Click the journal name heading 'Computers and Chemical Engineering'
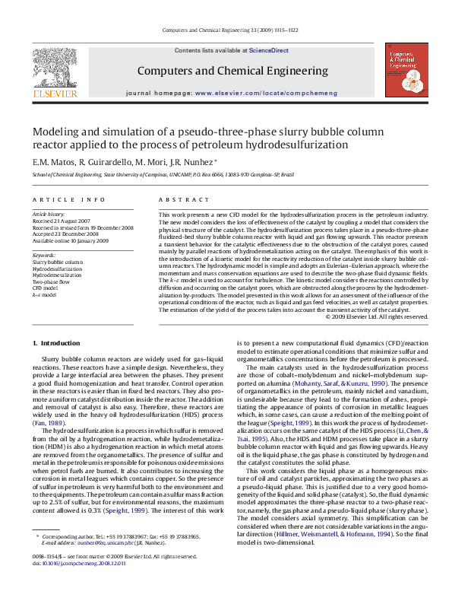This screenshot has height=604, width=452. (226, 71)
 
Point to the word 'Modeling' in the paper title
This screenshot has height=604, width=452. (58, 132)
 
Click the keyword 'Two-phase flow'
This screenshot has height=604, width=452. (48, 281)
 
